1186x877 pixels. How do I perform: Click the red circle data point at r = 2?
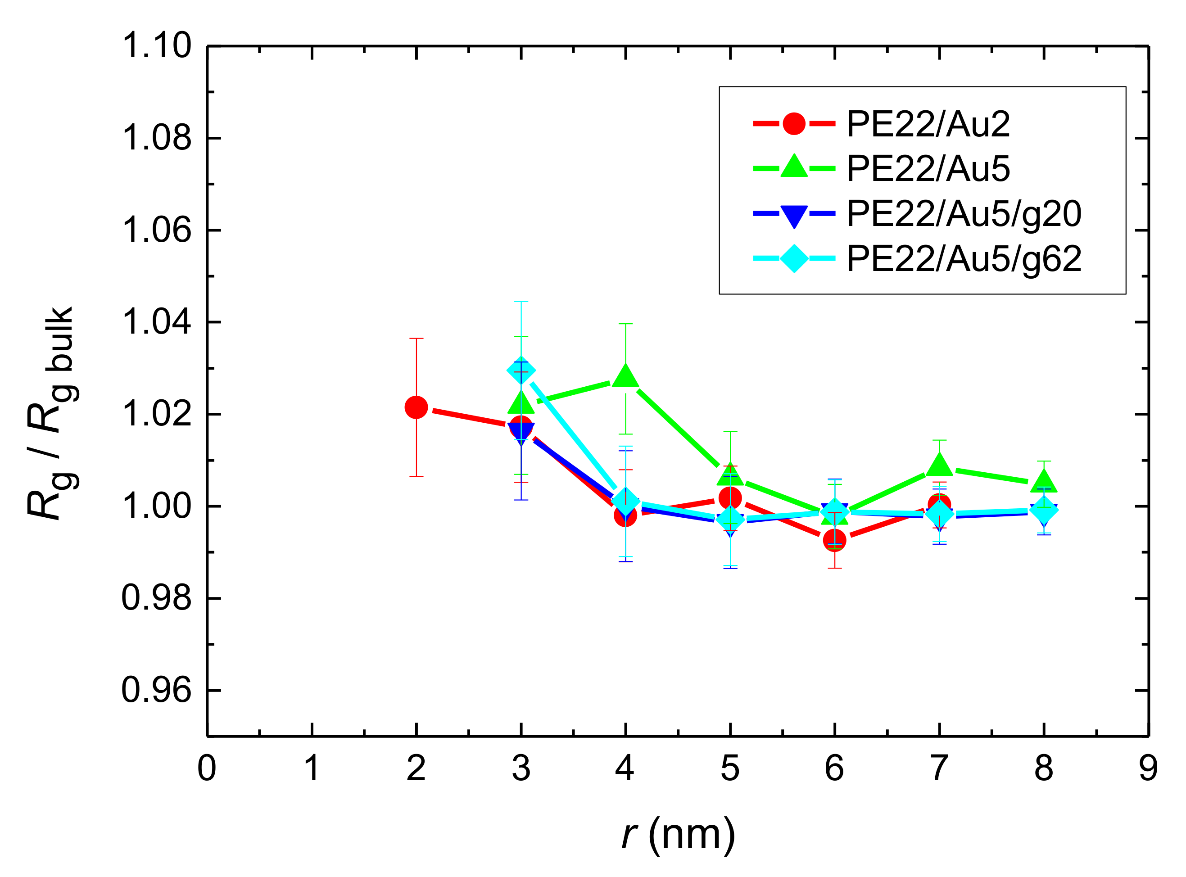(416, 407)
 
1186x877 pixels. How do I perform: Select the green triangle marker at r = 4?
(625, 376)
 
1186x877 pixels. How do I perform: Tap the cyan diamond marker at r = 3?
(521, 370)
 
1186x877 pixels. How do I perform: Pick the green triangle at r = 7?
(939, 465)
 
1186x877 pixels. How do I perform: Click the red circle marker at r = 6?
(834, 540)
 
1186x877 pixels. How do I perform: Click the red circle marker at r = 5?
(730, 498)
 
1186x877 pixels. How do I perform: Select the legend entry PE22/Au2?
(928, 124)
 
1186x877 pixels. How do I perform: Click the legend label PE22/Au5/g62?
(964, 259)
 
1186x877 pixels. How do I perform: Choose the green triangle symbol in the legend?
(794, 167)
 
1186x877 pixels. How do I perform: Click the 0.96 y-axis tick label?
(156, 690)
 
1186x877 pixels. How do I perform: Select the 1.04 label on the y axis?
(156, 322)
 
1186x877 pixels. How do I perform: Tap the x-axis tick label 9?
(1148, 768)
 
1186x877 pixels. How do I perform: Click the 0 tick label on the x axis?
(207, 768)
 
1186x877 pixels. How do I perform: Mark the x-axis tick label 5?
(730, 768)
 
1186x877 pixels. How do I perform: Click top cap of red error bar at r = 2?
(416, 338)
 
